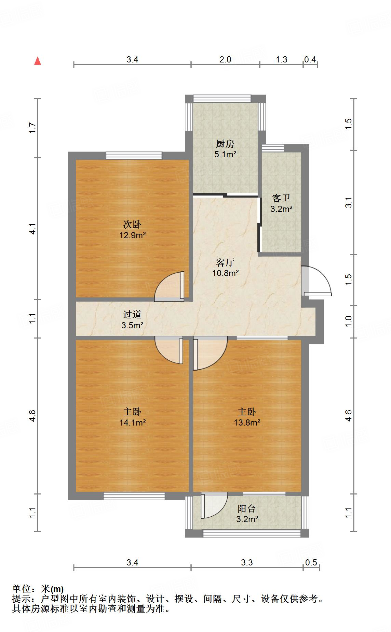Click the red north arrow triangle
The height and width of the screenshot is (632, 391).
point(38,61)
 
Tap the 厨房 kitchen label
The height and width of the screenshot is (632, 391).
point(225,144)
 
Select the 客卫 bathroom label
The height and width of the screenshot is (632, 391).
point(281,198)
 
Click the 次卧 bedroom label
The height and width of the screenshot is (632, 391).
point(132,225)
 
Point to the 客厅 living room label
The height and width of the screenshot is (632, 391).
point(225,262)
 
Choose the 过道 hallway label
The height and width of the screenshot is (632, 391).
point(132,315)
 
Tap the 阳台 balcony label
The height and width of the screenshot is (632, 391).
point(247,509)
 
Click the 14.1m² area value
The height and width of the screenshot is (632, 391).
point(132,423)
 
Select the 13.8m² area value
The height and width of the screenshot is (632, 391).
point(247,423)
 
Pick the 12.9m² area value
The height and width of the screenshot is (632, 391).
point(132,235)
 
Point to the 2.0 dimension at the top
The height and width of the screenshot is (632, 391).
point(225,60)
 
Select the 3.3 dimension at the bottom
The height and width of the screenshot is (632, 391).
point(247,562)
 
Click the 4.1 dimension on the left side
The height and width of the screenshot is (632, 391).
point(32,228)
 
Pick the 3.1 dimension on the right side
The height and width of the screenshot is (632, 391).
point(348,202)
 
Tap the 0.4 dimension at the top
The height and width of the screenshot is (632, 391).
point(310,60)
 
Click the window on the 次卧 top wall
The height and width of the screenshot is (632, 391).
point(134,156)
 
